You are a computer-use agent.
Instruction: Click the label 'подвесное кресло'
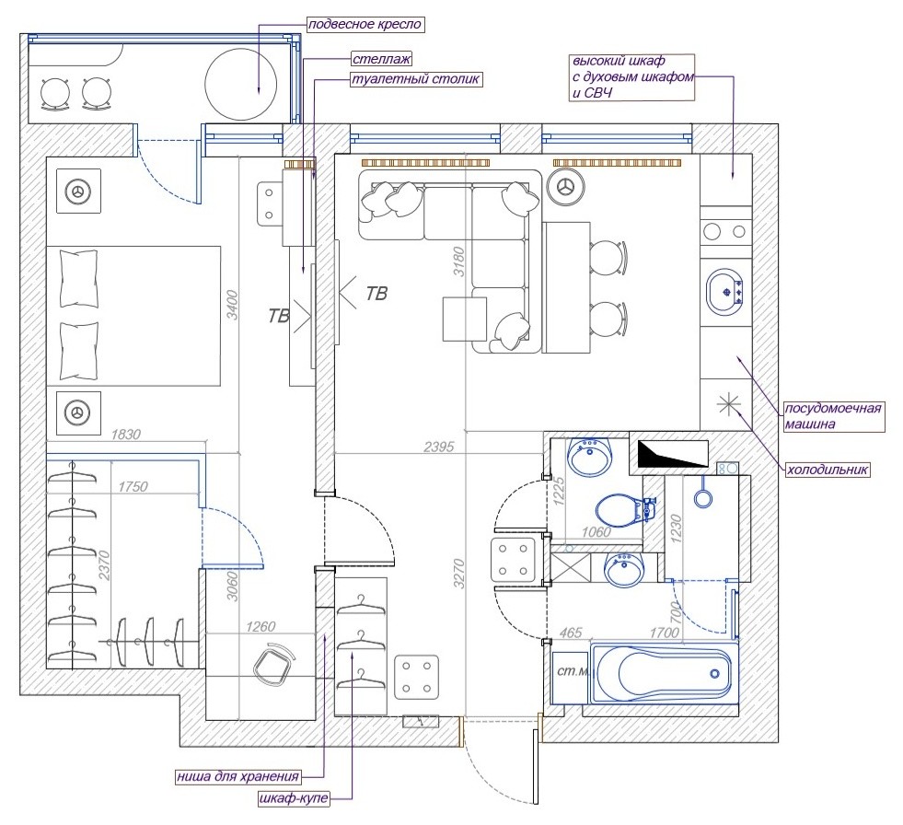pyautogui.click(x=356, y=23)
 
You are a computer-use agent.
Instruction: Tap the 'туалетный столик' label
pyautogui.click(x=415, y=79)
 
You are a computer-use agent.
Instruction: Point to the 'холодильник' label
pyautogui.click(x=828, y=470)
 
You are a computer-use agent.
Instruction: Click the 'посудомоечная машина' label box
pyautogui.click(x=833, y=416)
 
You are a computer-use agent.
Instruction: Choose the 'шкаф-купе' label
pyautogui.click(x=293, y=798)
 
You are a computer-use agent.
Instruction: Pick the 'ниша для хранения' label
pyautogui.click(x=250, y=775)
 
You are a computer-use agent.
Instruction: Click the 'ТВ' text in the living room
pyautogui.click(x=376, y=295)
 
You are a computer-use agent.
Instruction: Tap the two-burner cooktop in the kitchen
pyautogui.click(x=725, y=231)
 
